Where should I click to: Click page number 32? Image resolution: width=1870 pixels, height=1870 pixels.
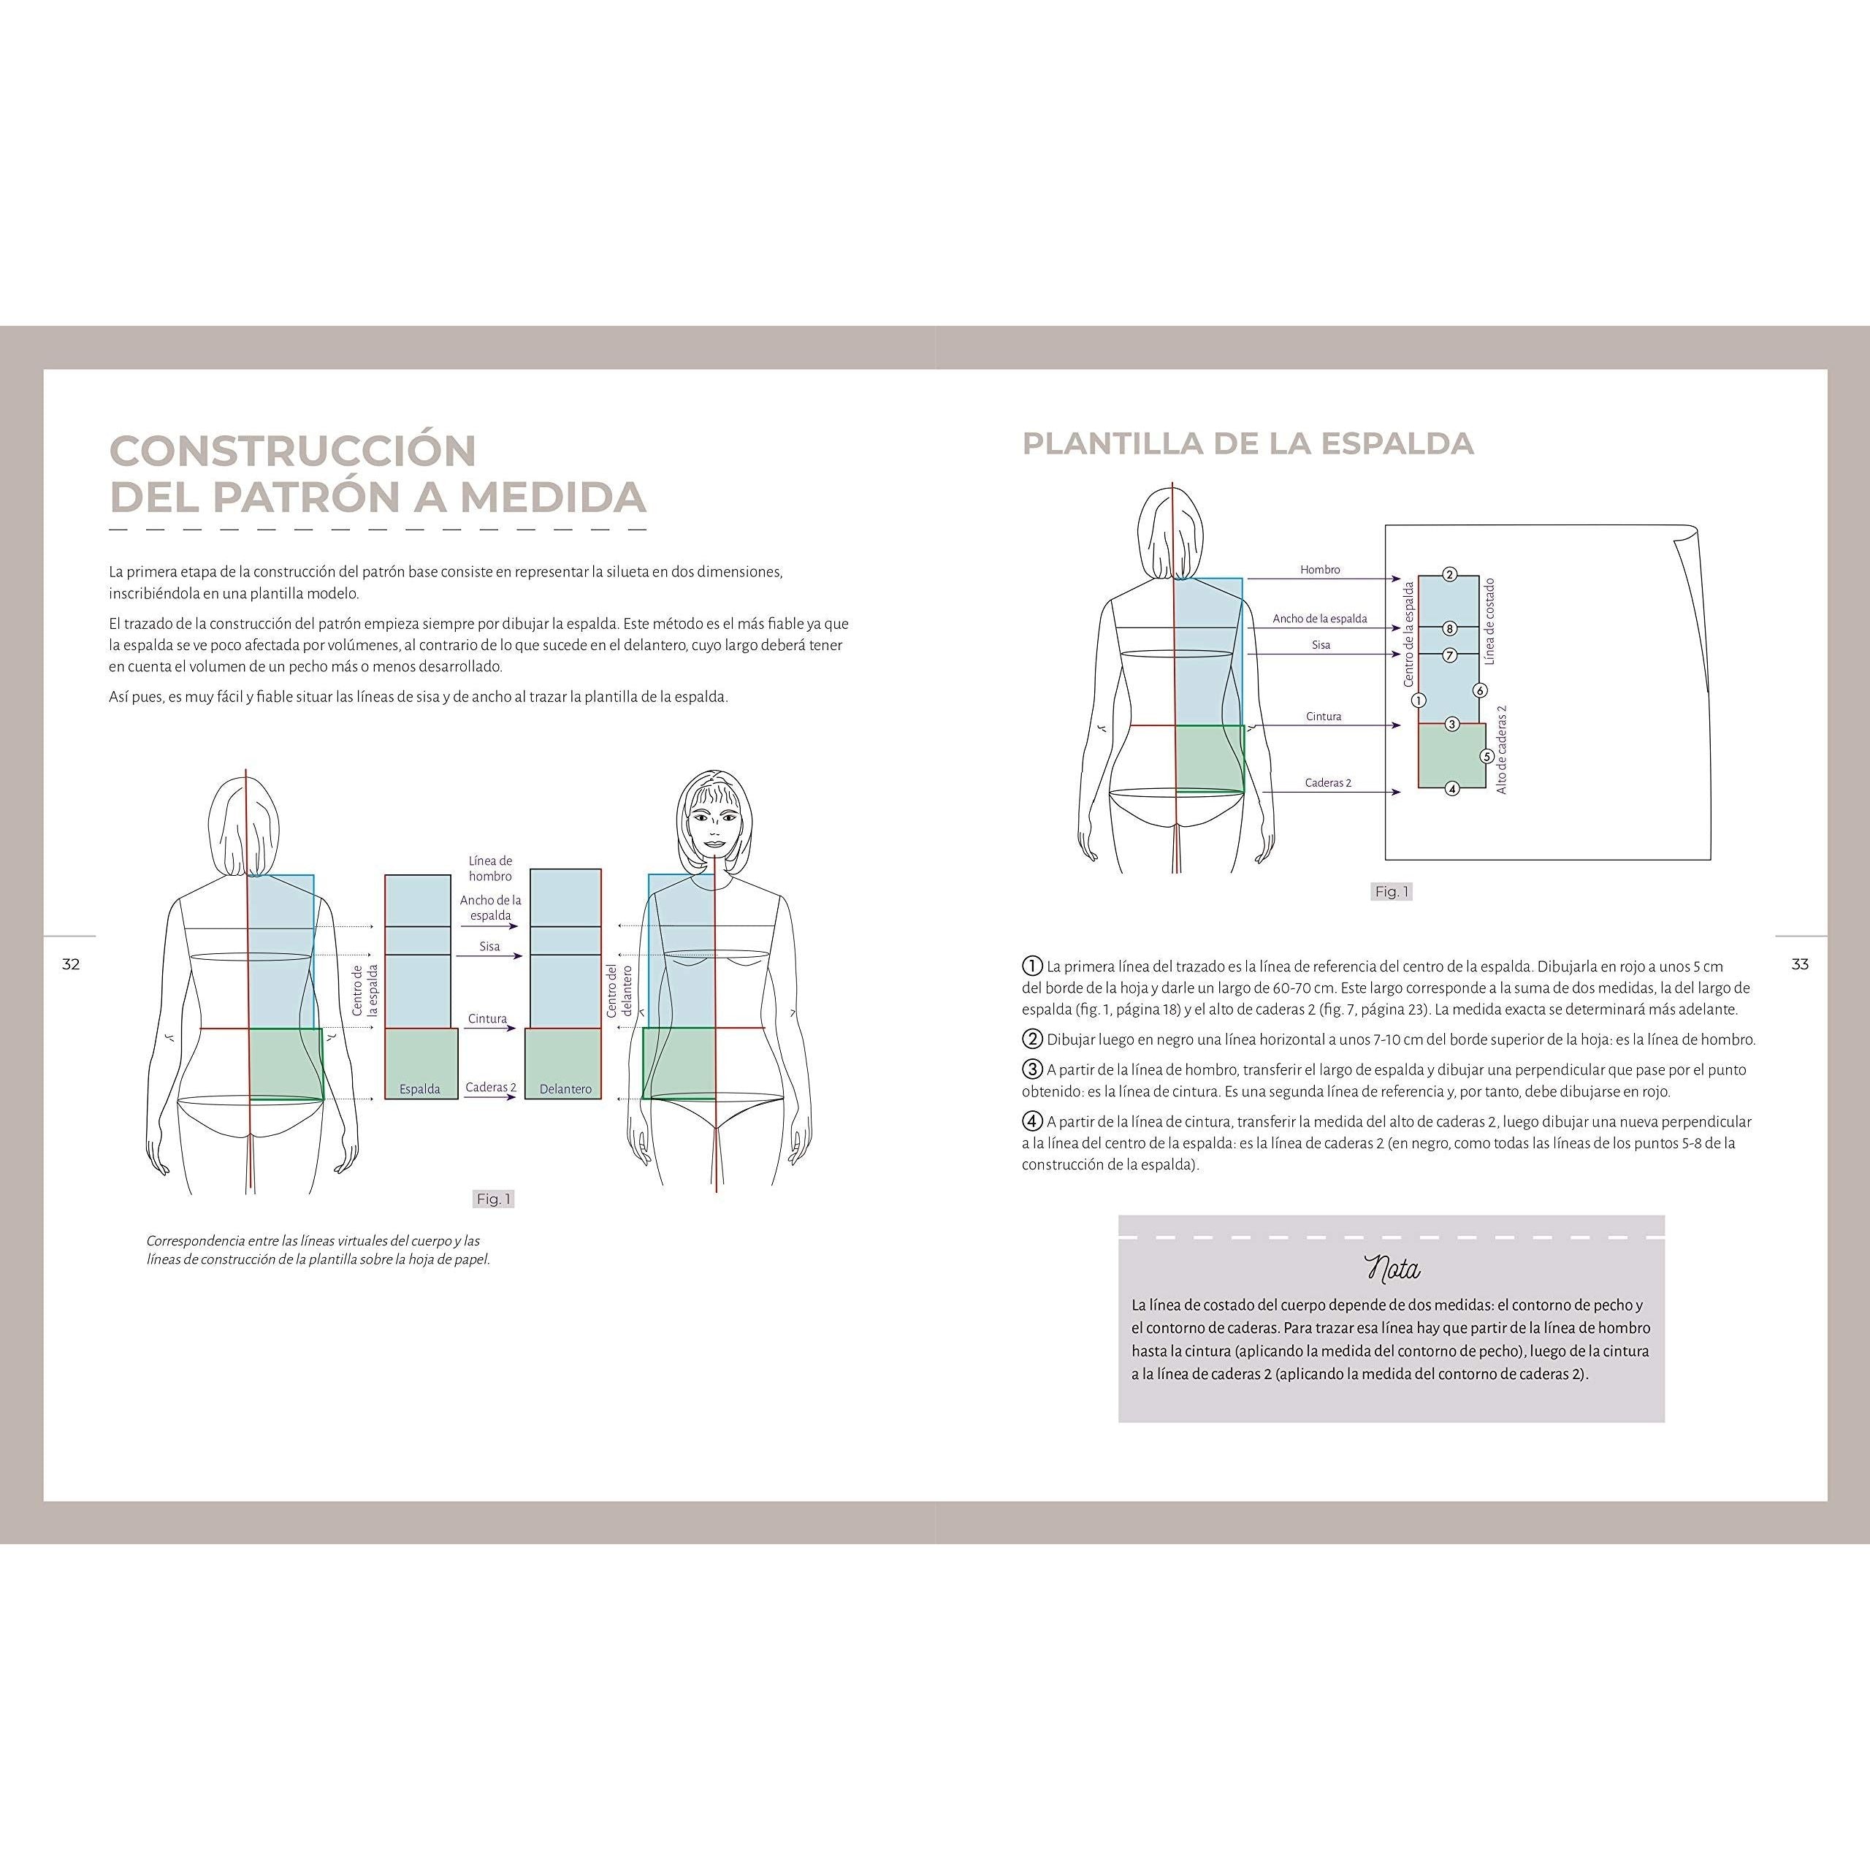pyautogui.click(x=71, y=964)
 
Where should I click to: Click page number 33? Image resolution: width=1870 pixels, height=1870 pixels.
pyautogui.click(x=1799, y=964)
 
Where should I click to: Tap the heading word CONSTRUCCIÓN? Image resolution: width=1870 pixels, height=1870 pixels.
pyautogui.click(x=292, y=451)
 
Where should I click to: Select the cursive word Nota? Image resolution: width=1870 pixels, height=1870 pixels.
pyautogui.click(x=1392, y=1268)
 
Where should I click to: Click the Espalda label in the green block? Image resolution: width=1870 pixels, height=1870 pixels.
pyautogui.click(x=420, y=1089)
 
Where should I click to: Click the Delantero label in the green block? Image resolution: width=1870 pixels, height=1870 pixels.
pyautogui.click(x=565, y=1089)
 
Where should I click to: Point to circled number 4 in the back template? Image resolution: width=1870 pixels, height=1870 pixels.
pyautogui.click(x=1452, y=789)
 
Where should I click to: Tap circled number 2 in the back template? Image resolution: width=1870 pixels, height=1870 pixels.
pyautogui.click(x=1449, y=575)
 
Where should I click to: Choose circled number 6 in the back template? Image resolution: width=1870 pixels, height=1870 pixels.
pyautogui.click(x=1479, y=690)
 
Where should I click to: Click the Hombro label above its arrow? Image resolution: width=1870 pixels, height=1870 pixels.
pyautogui.click(x=1320, y=570)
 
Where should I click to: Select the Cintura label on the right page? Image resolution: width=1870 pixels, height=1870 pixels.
pyautogui.click(x=1323, y=717)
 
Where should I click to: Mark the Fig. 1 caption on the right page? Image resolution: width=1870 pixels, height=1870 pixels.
pyautogui.click(x=1392, y=891)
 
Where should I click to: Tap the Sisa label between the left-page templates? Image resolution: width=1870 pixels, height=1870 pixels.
pyautogui.click(x=489, y=947)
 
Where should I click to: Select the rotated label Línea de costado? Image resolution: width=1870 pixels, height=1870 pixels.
pyautogui.click(x=1489, y=622)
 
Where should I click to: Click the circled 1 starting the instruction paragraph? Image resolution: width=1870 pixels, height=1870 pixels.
pyautogui.click(x=1032, y=966)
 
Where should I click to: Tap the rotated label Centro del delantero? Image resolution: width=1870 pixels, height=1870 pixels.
pyautogui.click(x=619, y=991)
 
